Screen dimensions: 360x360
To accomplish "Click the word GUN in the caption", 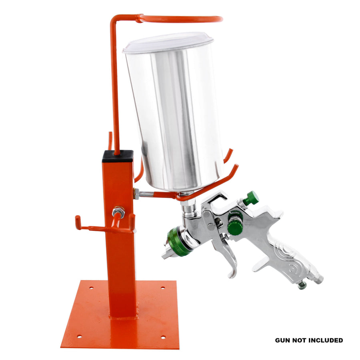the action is pyautogui.click(x=282, y=340).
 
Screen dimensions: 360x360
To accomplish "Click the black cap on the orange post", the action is pyautogui.click(x=118, y=156).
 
